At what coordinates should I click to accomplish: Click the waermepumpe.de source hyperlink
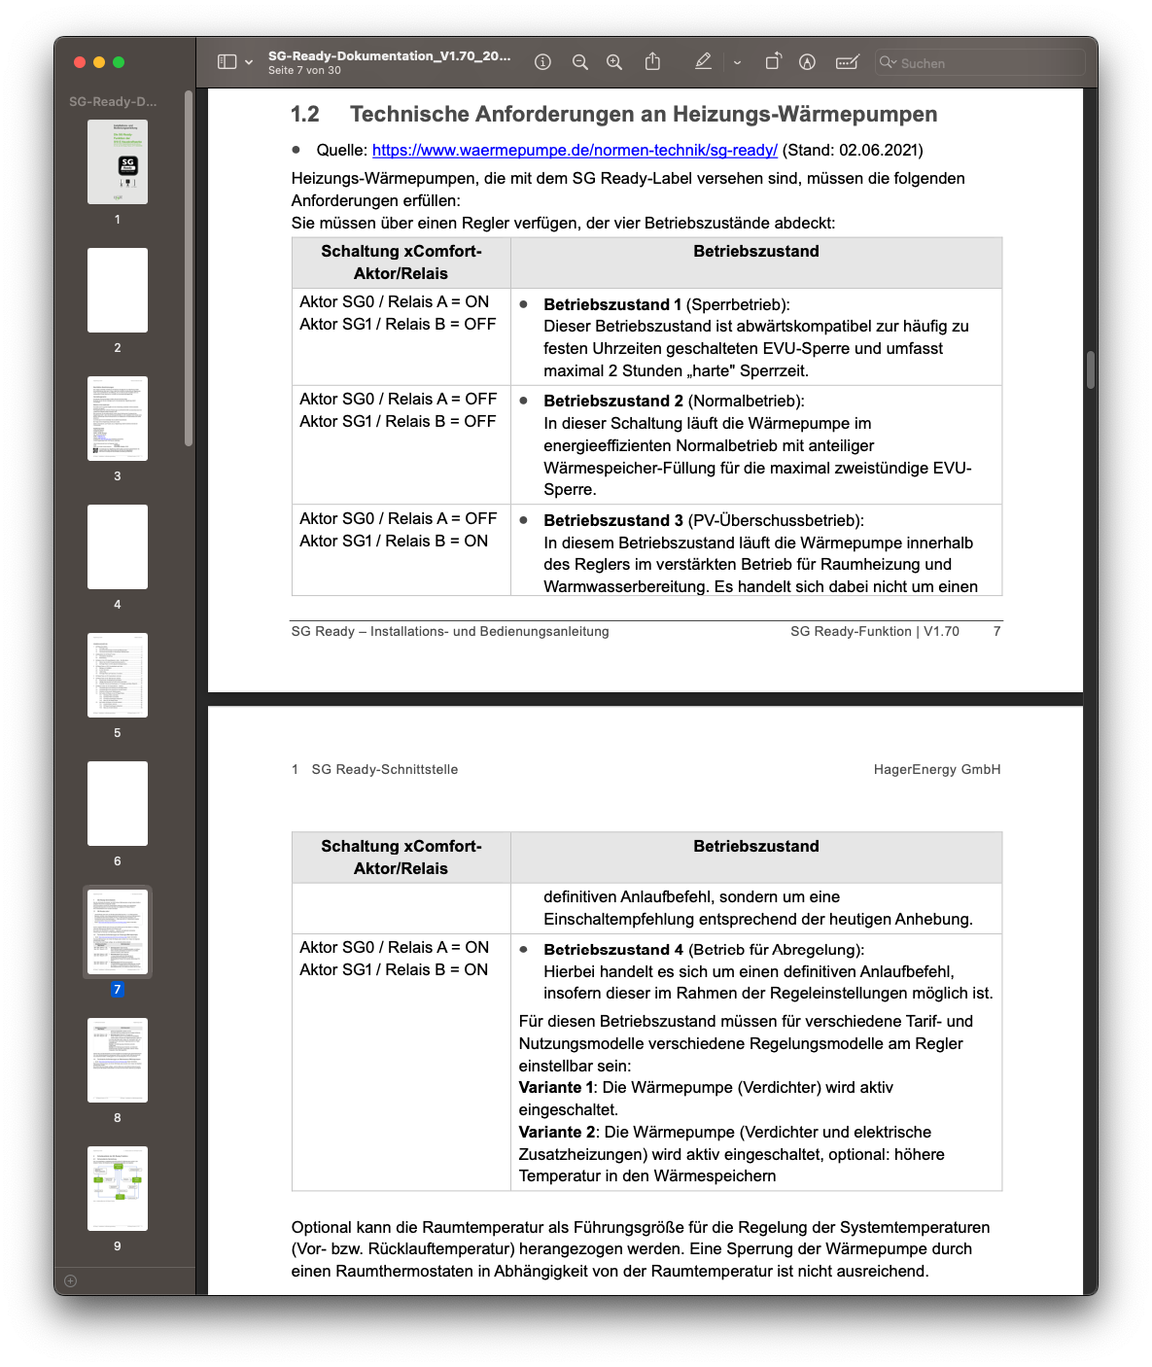tap(575, 150)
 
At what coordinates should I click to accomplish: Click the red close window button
tap(80, 62)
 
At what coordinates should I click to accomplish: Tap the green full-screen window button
tap(119, 62)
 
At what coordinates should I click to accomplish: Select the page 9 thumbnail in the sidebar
tap(118, 1188)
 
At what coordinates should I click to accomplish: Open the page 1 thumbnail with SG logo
tap(118, 162)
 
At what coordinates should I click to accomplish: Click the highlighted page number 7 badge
tap(118, 989)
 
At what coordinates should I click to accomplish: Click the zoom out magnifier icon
tap(580, 62)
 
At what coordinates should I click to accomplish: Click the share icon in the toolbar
tap(652, 62)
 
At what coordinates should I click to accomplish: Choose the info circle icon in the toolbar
tap(543, 62)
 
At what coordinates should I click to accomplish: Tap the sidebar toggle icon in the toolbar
tap(227, 62)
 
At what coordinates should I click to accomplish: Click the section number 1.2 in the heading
tap(305, 115)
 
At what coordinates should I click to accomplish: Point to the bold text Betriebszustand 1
tap(612, 304)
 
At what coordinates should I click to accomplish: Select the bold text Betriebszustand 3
tap(612, 520)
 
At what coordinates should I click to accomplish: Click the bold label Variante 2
tap(557, 1132)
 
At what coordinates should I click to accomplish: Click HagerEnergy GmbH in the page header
tap(937, 769)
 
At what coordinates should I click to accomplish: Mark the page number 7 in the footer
tap(996, 631)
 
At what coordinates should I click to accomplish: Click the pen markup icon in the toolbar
tap(703, 62)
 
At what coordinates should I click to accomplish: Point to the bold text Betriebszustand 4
tap(612, 950)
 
